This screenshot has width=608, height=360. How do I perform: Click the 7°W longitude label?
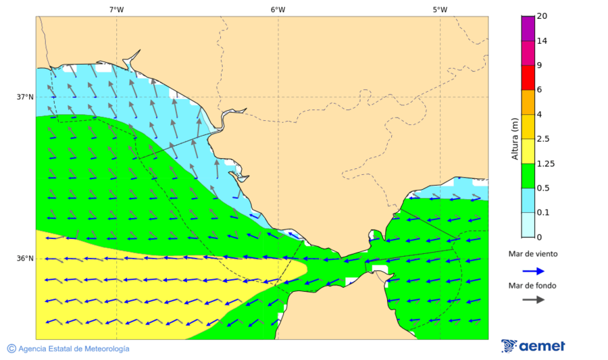[116, 9]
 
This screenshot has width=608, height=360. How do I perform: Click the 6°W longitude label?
[278, 9]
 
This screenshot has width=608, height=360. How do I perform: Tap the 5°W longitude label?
[440, 9]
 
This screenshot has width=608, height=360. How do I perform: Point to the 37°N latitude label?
[25, 97]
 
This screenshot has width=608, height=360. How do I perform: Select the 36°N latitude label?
[25, 259]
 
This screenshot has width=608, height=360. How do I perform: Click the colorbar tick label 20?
[542, 16]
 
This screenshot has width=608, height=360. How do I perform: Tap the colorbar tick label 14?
[542, 41]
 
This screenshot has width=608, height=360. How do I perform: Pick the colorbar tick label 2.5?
[542, 139]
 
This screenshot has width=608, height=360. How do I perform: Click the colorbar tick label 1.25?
[544, 163]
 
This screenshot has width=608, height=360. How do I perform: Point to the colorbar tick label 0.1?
[542, 213]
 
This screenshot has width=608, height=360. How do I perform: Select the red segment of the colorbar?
[528, 77]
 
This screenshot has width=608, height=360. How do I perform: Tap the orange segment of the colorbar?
[528, 102]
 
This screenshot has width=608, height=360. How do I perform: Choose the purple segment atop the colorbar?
[528, 28]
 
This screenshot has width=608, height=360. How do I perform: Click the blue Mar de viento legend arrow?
[534, 271]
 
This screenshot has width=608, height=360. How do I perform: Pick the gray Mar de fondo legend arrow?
[534, 299]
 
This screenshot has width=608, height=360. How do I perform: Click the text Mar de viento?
[533, 254]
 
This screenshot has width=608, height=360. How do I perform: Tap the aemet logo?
[534, 346]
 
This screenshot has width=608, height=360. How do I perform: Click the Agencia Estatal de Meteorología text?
[74, 349]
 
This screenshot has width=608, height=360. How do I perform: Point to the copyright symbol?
[11, 349]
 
